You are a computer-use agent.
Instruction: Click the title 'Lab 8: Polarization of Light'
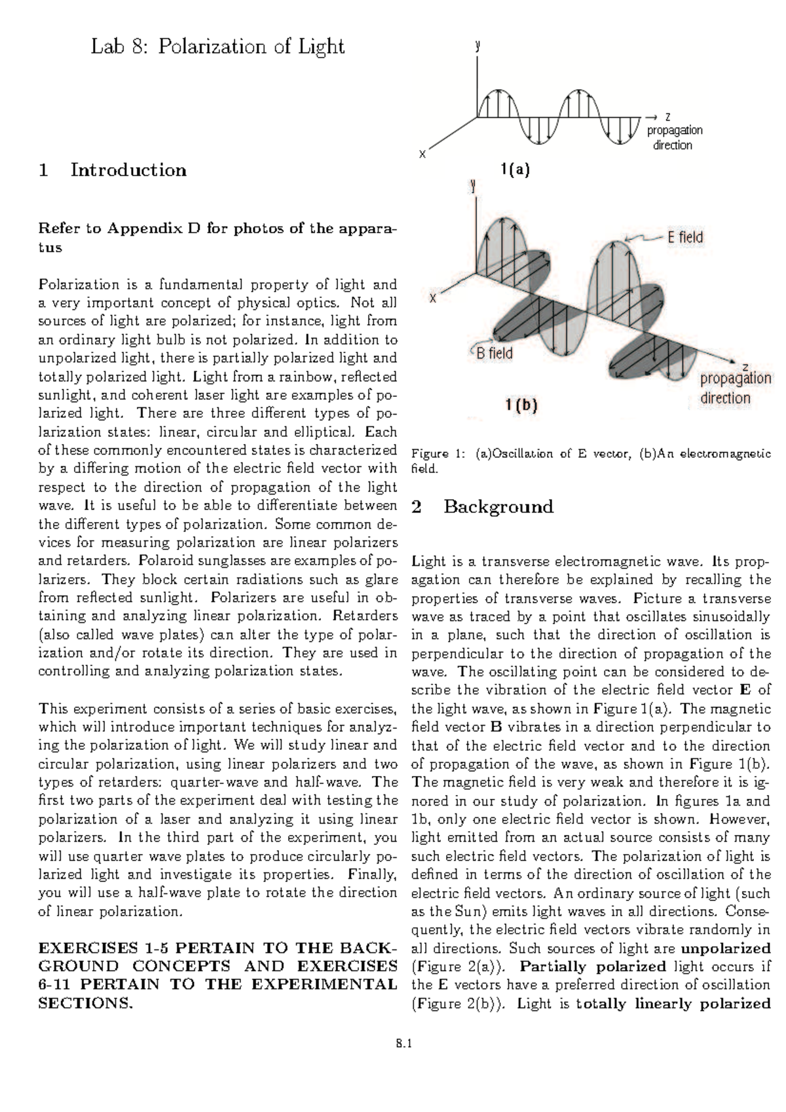[217, 47]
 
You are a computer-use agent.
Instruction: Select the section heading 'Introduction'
[128, 170]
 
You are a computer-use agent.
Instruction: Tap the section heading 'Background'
[498, 507]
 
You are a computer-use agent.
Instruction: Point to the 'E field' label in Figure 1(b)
[684, 237]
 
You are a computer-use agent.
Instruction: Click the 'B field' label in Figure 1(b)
[494, 354]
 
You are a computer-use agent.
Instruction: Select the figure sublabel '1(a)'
[515, 170]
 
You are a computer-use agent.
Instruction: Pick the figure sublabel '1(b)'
[521, 405]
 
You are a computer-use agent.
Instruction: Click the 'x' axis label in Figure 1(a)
[422, 154]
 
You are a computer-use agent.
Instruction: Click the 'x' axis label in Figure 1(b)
[432, 298]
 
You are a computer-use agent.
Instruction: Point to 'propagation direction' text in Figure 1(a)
[674, 138]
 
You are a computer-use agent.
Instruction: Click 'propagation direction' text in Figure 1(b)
[735, 388]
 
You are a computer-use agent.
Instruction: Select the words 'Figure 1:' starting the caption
[430, 454]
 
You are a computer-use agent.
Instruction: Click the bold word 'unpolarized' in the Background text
[726, 948]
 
